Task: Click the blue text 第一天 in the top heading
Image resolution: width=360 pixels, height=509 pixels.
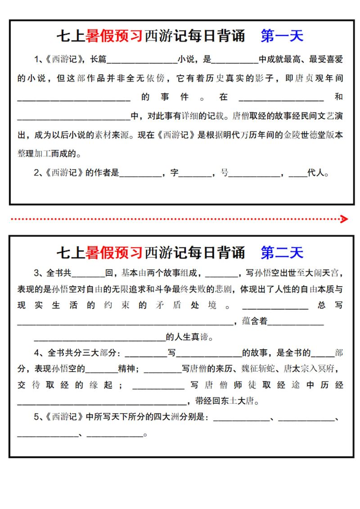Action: [x=282, y=36]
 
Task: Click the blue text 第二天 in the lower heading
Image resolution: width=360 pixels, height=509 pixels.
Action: [x=282, y=252]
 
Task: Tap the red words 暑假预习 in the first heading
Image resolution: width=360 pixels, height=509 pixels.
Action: [x=114, y=36]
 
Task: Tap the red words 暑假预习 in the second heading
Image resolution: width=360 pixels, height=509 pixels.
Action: [x=114, y=252]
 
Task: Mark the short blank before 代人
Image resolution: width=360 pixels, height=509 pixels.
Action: [x=298, y=174]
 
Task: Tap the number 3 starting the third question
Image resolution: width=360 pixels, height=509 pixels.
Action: [x=37, y=273]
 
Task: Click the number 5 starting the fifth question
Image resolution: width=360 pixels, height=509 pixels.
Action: [x=37, y=417]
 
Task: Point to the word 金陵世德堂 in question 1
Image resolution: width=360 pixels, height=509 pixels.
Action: [x=303, y=135]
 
